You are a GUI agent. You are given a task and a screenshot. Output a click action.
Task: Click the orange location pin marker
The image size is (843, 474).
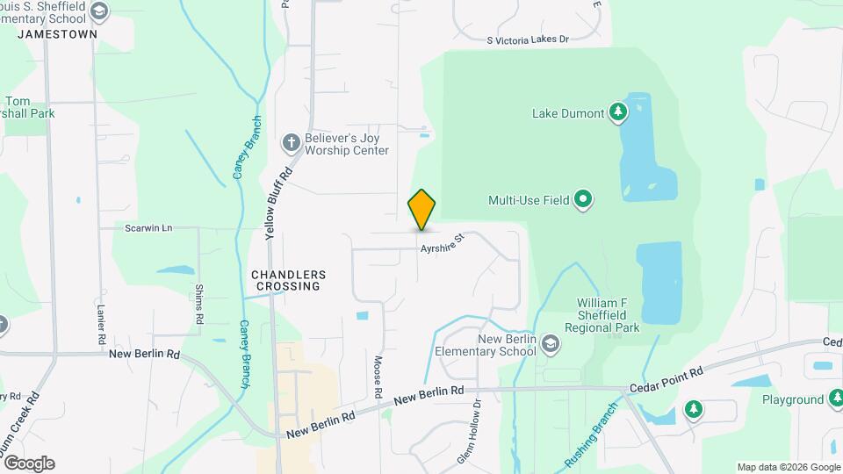tap(421, 210)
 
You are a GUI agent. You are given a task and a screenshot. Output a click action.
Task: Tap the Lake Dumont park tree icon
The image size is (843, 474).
tap(619, 112)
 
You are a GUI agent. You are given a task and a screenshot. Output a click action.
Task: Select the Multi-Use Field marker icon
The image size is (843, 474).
tap(584, 200)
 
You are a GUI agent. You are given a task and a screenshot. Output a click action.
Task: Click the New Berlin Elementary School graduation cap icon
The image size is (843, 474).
tap(550, 342)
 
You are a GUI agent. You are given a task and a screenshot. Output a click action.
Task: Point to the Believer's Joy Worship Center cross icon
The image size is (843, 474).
tap(291, 142)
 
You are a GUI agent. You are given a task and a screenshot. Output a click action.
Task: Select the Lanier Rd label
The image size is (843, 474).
tap(101, 323)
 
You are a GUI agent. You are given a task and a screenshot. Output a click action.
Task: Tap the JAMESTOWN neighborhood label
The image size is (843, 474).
tap(57, 33)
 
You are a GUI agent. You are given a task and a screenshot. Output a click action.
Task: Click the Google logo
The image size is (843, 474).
tap(29, 463)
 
